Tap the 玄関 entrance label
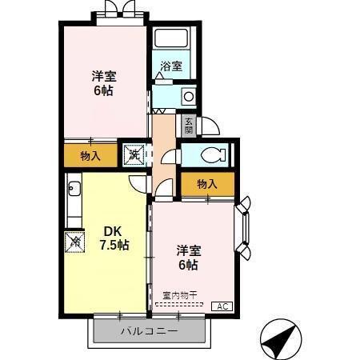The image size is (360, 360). pos(188,125)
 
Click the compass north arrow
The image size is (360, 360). pos(278,338)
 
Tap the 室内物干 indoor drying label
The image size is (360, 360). pos(178,295)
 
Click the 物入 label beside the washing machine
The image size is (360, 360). pos(90,155)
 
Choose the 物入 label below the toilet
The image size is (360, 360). pos(207,184)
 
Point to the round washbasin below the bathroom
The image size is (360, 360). pos(188,96)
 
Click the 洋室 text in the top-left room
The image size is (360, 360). pos(104,76)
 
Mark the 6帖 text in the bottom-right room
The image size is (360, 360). pos(189,265)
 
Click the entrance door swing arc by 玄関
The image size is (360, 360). pos(209,126)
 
